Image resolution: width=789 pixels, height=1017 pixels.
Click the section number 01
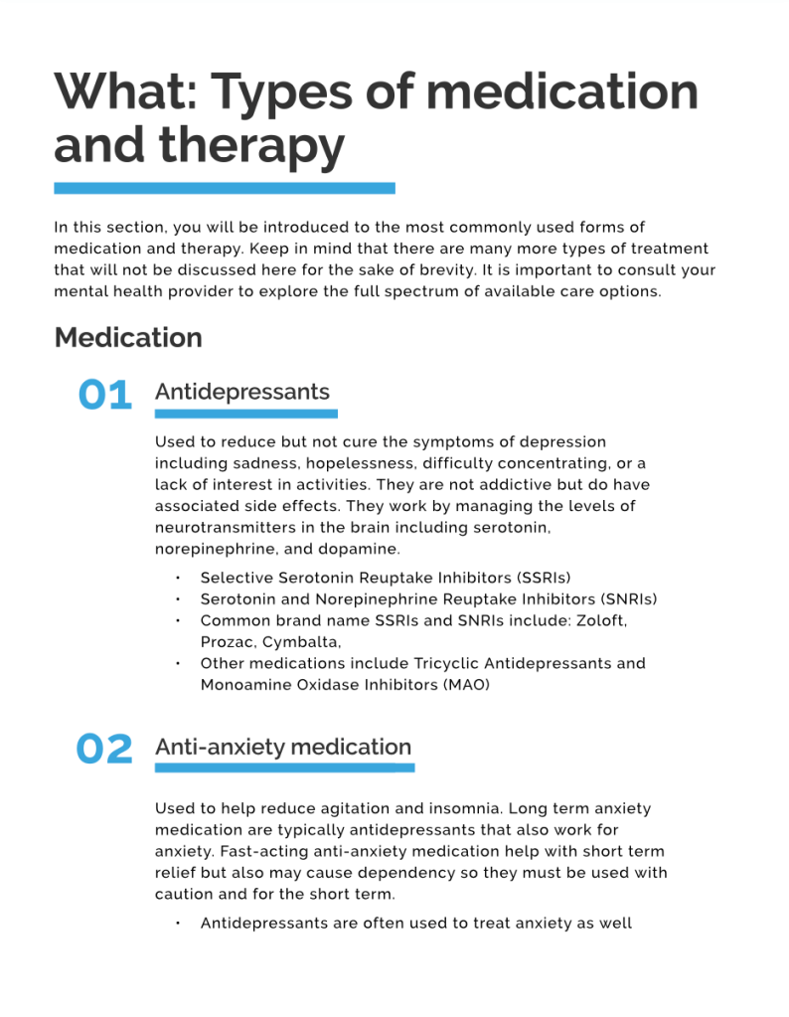point(104,395)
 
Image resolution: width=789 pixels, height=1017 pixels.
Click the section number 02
point(104,750)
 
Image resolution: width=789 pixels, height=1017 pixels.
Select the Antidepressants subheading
point(241,392)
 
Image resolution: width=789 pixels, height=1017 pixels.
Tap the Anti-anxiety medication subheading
point(282,747)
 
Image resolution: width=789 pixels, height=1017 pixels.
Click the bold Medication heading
point(128,338)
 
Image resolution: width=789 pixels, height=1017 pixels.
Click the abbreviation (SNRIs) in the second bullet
point(627,599)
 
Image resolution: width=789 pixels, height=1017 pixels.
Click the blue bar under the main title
point(225,188)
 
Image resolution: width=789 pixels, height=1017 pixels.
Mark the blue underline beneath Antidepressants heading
point(245,414)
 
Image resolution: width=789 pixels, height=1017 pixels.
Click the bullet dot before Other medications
point(178,663)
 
